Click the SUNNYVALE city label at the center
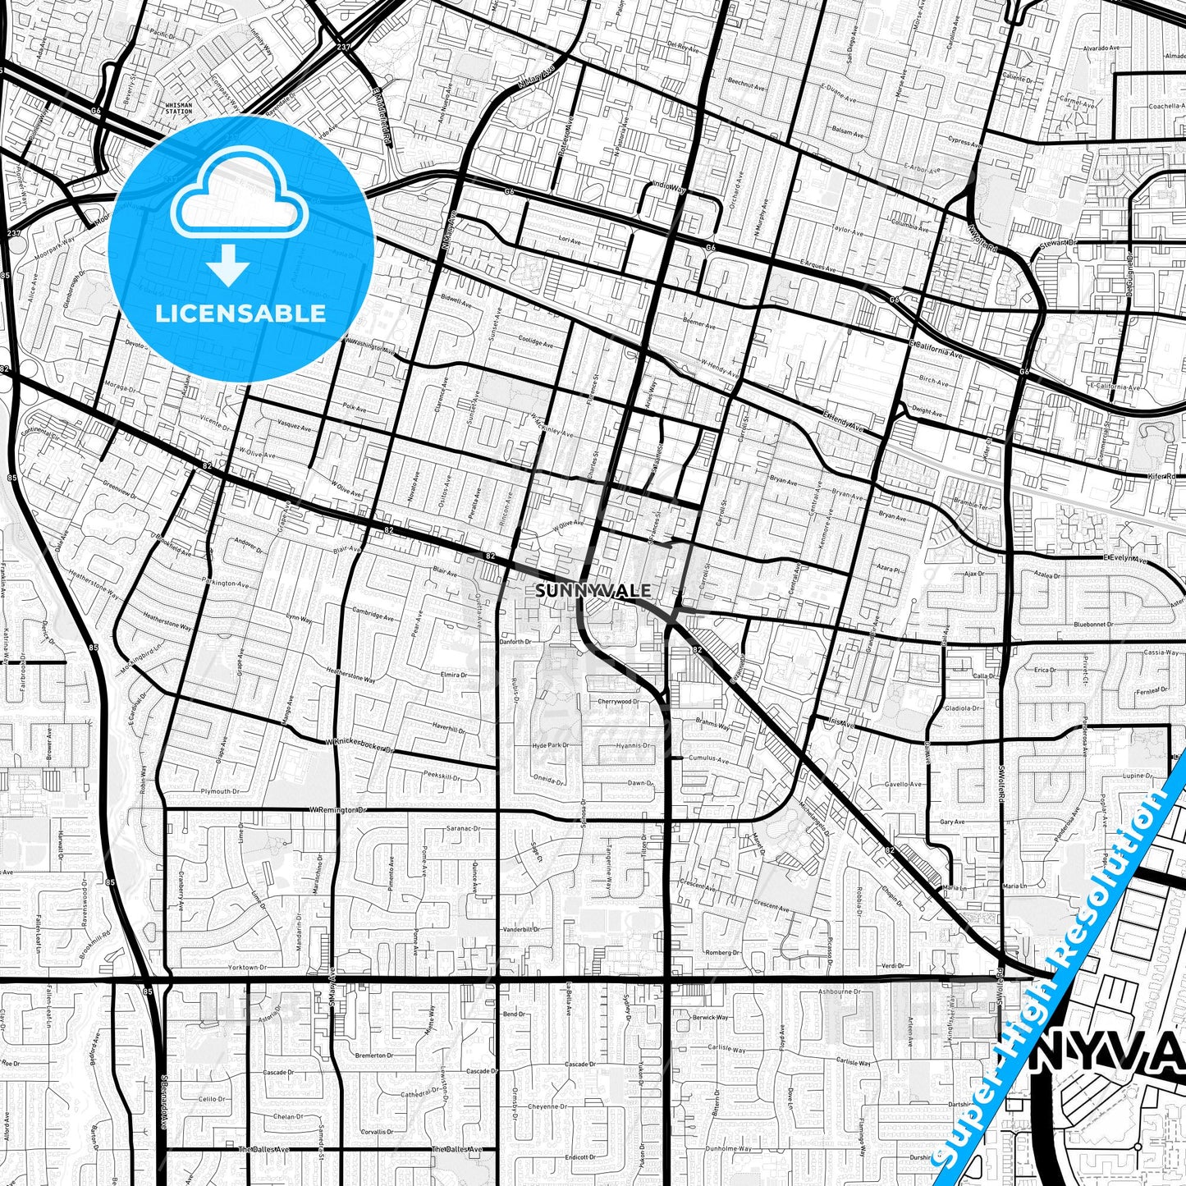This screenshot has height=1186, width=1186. click(x=593, y=590)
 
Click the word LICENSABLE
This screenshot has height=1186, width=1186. click(x=240, y=313)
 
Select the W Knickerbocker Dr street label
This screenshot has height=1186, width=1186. click(x=360, y=745)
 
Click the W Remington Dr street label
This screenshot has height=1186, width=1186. click(x=337, y=809)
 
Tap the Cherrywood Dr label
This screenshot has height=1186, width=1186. click(x=617, y=702)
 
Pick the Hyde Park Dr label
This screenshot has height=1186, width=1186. click(x=550, y=745)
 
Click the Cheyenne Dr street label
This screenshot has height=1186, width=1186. click(x=548, y=1106)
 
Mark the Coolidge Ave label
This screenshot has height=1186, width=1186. click(x=538, y=341)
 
